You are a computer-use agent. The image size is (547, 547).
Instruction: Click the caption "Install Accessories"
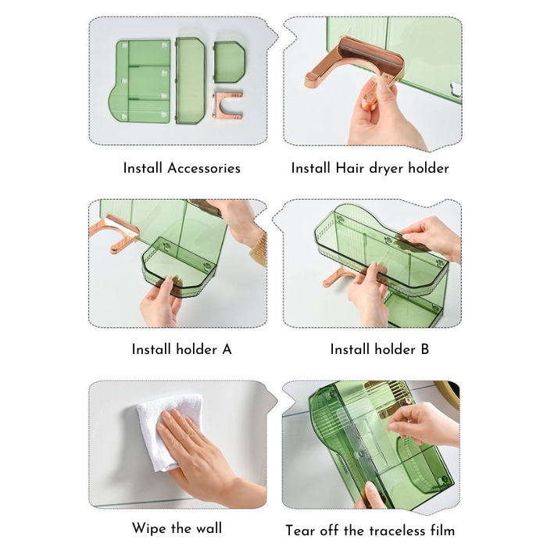pyautogui.click(x=181, y=168)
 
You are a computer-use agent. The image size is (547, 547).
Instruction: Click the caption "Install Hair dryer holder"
pyautogui.click(x=370, y=168)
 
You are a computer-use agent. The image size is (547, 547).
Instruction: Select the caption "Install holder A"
pyautogui.click(x=181, y=349)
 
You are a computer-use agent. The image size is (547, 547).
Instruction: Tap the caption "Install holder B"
pyautogui.click(x=379, y=349)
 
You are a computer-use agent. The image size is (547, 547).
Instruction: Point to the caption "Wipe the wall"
pyautogui.click(x=177, y=529)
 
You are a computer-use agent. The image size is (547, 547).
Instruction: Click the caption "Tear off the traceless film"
pyautogui.click(x=370, y=531)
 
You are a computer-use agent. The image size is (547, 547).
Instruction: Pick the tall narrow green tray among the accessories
pyautogui.click(x=189, y=80)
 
